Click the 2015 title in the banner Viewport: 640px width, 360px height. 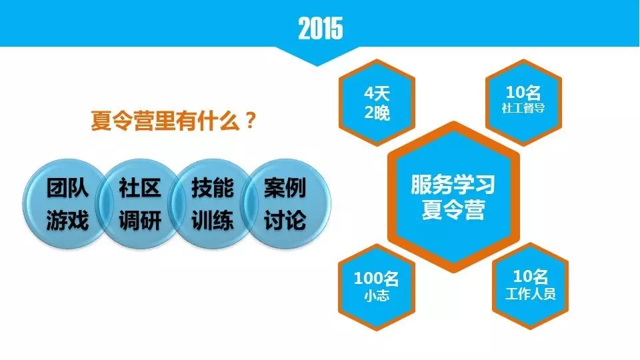pos(321,28)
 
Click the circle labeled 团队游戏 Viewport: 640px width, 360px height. pos(67,204)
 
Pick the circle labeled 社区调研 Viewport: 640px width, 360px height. pos(139,204)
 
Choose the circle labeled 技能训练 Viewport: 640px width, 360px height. pos(212,204)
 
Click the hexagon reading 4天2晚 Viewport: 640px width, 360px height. pos(377,103)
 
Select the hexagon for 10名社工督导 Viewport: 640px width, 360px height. pos(523,103)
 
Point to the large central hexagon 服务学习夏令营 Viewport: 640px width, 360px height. pos(453,197)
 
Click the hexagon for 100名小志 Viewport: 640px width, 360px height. pos(376,287)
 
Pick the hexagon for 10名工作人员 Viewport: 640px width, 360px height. pos(530,286)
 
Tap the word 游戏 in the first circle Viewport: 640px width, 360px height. pos(67,221)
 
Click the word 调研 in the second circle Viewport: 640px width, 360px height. pos(140,221)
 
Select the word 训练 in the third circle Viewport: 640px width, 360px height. pos(213,221)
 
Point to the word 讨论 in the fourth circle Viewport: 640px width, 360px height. pos(285,221)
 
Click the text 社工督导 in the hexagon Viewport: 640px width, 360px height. pos(523,108)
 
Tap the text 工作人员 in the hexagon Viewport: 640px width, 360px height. pos(530,294)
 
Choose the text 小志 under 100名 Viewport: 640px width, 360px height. pos(376,295)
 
